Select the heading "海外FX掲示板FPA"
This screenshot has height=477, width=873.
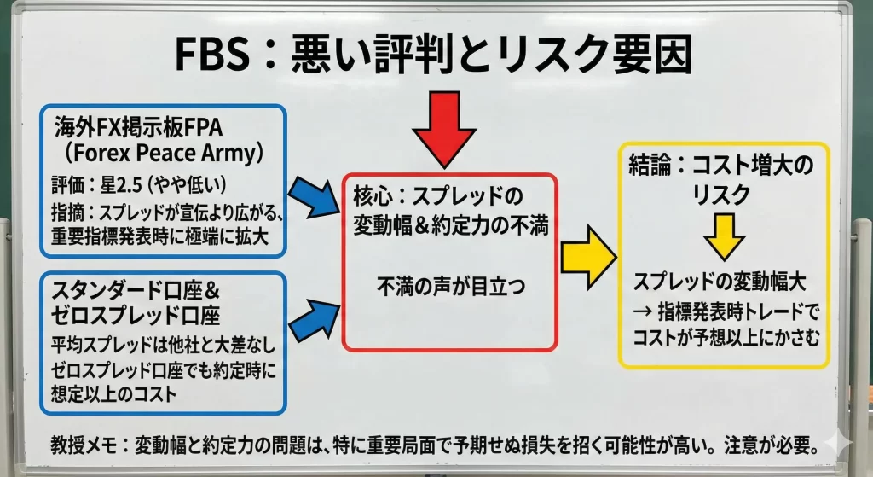(x=137, y=128)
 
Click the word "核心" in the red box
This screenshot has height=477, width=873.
(x=372, y=195)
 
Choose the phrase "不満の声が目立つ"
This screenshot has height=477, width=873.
(x=450, y=288)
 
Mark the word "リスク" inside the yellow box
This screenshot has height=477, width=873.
(x=722, y=194)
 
